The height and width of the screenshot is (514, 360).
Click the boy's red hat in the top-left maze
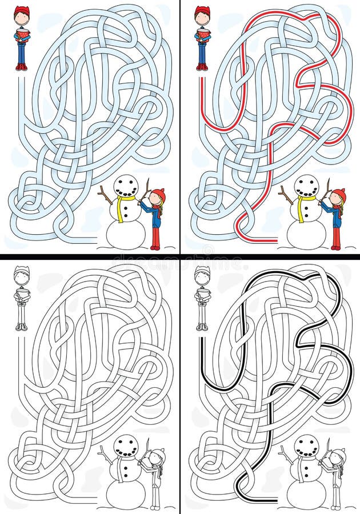click(x=21, y=11)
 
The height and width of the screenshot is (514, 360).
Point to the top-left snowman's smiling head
click(x=126, y=186)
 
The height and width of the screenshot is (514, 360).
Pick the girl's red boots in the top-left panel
click(x=155, y=246)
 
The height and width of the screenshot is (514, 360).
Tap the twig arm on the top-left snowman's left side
click(x=106, y=195)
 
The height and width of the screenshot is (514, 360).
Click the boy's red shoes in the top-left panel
click(x=21, y=67)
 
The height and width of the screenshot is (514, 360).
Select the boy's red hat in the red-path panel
click(x=202, y=11)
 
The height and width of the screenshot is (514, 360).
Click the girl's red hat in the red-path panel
click(x=339, y=195)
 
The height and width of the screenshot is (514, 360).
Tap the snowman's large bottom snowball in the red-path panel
click(x=306, y=233)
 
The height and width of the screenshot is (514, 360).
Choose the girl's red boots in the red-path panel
click(x=335, y=246)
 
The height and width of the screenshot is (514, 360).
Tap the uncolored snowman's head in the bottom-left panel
click(x=126, y=446)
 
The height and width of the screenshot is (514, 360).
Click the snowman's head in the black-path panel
click(x=306, y=446)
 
